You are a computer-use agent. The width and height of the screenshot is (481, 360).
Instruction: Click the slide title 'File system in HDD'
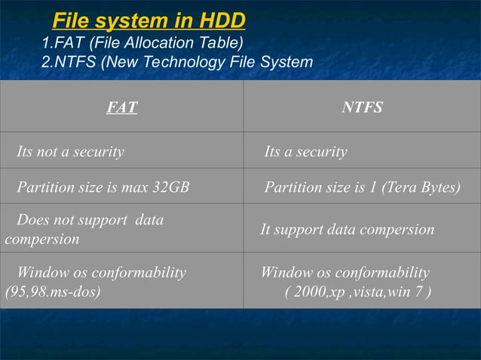tap(149, 20)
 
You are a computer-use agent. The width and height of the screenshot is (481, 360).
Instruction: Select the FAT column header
tap(121, 108)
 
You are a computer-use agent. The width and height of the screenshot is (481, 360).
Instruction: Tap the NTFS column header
tap(362, 108)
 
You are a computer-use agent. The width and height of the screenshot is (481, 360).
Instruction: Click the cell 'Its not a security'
tap(70, 152)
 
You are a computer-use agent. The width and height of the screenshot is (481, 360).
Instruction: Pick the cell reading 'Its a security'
tap(305, 152)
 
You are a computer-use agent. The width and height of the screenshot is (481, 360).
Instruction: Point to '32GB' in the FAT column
tap(170, 188)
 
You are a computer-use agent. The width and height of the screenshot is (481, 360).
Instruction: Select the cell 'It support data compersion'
tap(347, 230)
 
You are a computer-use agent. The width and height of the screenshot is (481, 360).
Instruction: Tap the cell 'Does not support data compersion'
tap(84, 230)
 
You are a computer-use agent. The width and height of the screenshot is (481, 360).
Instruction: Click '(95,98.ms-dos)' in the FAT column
tap(53, 291)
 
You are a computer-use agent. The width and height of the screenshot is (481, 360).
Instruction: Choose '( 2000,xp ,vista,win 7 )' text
tap(358, 291)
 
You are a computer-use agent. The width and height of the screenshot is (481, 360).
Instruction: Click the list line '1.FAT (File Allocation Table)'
tap(142, 42)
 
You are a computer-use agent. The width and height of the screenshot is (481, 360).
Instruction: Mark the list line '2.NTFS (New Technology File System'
tap(177, 62)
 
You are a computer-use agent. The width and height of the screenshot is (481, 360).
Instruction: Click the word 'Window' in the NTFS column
tap(284, 273)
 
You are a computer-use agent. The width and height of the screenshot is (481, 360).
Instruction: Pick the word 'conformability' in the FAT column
tap(140, 273)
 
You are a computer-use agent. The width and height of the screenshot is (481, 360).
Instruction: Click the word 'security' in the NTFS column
tap(323, 152)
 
